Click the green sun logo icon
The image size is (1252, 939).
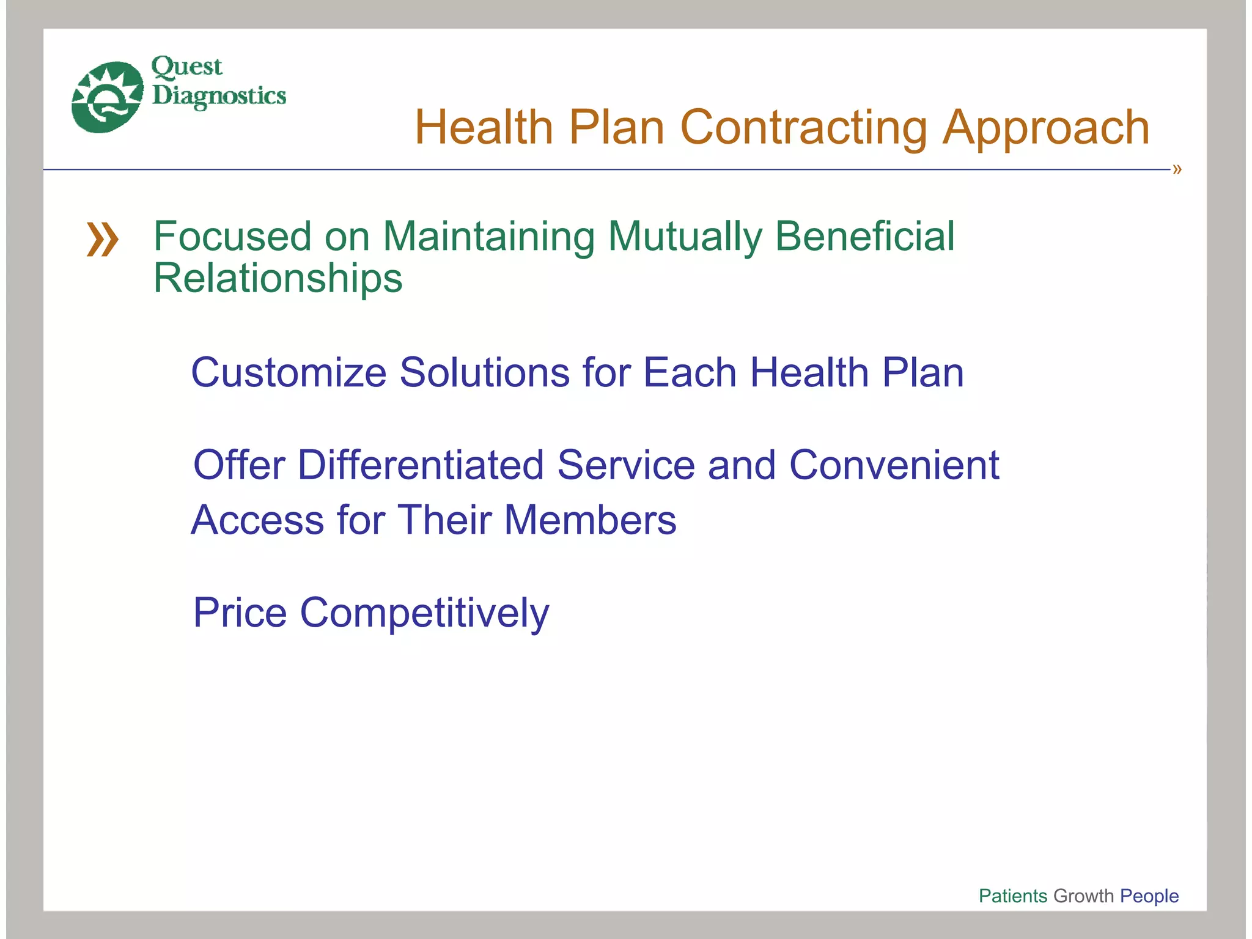(108, 97)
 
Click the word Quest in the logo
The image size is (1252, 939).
(186, 67)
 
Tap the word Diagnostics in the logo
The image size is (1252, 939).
(219, 96)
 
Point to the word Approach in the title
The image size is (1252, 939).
(1046, 128)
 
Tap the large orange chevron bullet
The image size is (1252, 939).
(102, 240)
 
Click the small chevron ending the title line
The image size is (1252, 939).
(1177, 169)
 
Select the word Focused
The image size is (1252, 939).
(232, 237)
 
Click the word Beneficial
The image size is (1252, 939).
(864, 237)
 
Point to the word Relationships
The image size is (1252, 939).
(278, 279)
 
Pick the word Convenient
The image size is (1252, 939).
(894, 465)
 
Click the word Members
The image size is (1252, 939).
(590, 520)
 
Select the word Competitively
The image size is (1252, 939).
(424, 613)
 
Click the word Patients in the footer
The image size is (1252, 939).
(1013, 896)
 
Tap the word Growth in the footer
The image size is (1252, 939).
(1084, 896)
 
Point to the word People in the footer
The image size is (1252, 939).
(1149, 896)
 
